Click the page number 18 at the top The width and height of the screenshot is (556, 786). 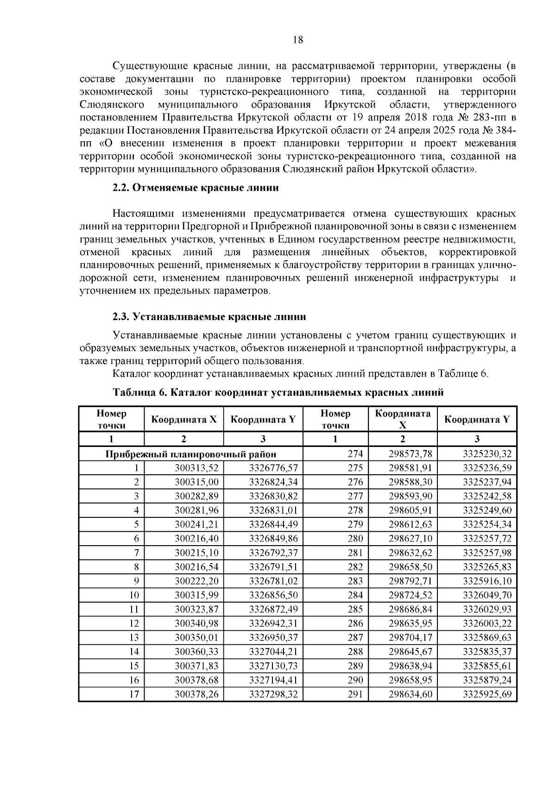(298, 40)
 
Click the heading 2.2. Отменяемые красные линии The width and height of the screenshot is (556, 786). (196, 188)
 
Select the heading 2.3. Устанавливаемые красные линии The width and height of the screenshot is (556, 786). (209, 317)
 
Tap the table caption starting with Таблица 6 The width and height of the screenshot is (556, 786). (278, 392)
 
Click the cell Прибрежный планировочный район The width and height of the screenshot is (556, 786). (191, 454)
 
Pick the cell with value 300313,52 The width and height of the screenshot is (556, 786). (196, 468)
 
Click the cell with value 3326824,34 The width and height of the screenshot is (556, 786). (273, 482)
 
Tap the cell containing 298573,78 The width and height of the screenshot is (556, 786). (410, 454)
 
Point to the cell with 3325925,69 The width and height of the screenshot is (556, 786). (487, 694)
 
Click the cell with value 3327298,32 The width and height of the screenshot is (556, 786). (273, 694)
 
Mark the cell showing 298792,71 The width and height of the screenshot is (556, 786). (410, 581)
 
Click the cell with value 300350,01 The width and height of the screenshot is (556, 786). (196, 637)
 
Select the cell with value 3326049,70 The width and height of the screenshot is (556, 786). (487, 595)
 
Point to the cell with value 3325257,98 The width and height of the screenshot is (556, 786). (487, 553)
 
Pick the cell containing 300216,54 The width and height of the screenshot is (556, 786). (196, 567)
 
